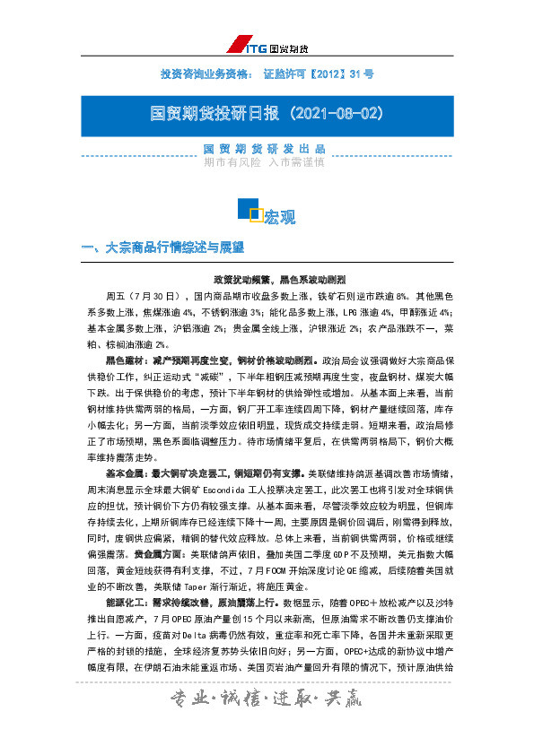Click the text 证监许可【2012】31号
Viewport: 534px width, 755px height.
(x=319, y=73)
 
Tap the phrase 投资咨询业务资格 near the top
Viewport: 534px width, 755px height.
(x=204, y=73)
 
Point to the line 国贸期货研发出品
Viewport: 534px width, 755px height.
(x=264, y=149)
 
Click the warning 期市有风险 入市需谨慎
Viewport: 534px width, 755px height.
(x=264, y=162)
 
